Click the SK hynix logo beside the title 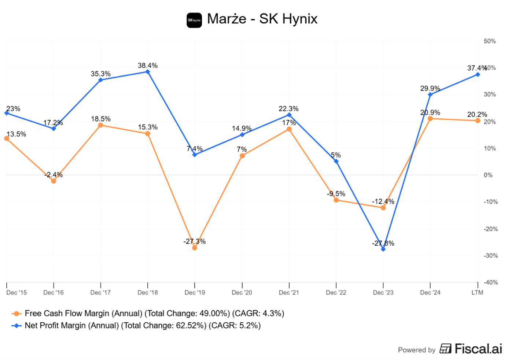coord(194,20)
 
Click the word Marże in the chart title coord(227,19)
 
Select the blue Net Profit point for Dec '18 coord(148,72)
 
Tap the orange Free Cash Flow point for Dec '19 coord(195,248)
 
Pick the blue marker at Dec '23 coord(383,249)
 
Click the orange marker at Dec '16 coord(54,181)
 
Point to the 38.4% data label coord(148,66)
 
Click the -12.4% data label coord(383,201)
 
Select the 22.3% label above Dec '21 coord(288,109)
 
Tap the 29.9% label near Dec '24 coord(430,89)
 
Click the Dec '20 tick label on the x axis coord(242,292)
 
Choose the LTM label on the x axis coord(477,292)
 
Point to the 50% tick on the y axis coord(490,41)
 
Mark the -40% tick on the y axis coord(490,282)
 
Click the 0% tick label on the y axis coord(488,175)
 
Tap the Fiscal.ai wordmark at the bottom coord(478,349)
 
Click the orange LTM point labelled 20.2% coord(478,120)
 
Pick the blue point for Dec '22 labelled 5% coord(336,161)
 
